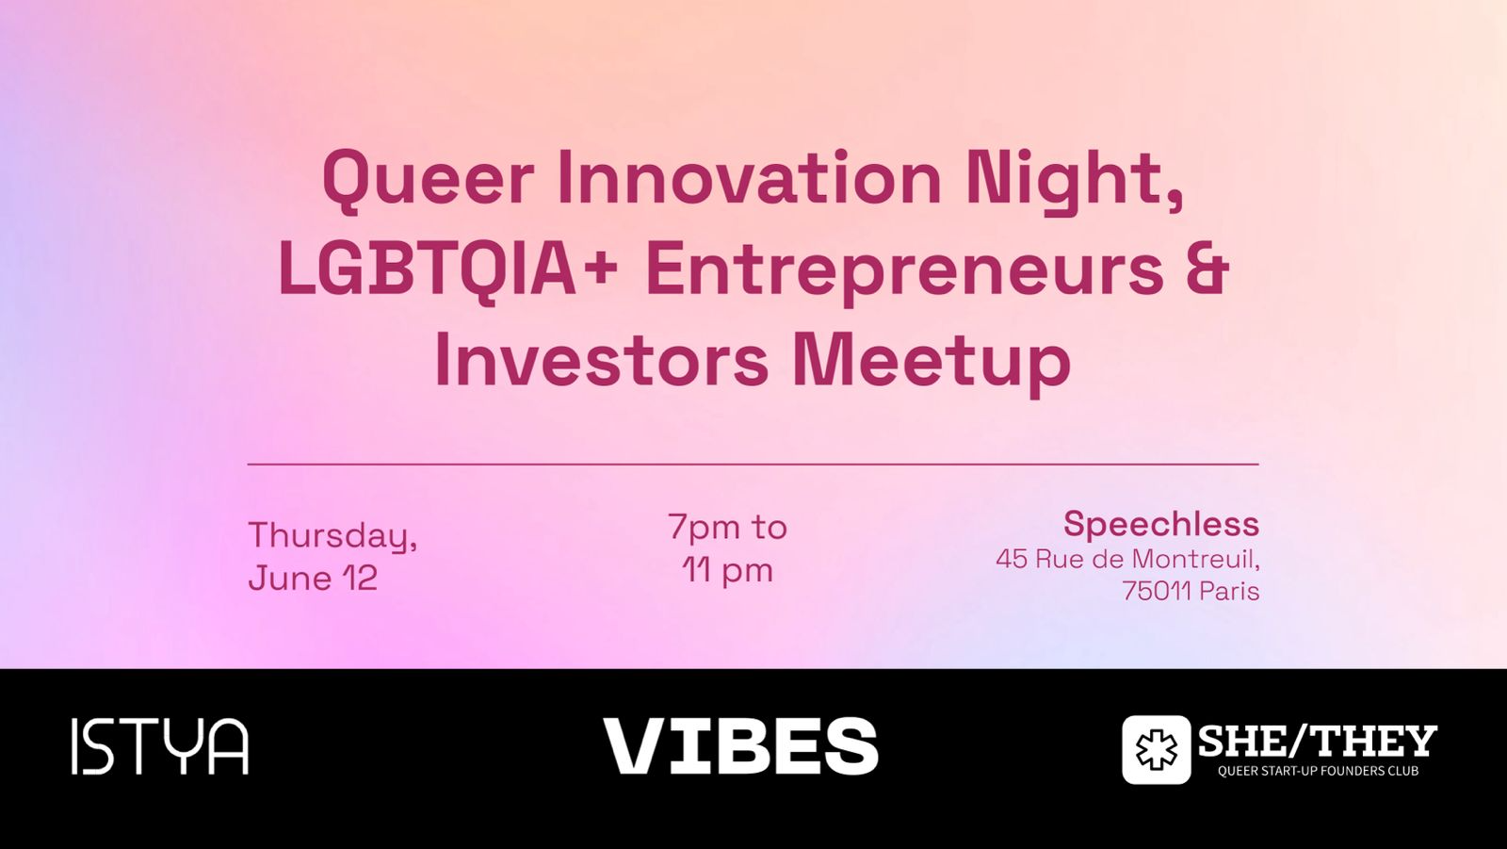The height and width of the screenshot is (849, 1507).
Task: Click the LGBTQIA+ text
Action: tap(448, 269)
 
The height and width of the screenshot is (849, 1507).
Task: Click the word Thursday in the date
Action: tap(330, 536)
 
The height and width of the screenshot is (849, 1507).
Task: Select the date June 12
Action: tap(313, 578)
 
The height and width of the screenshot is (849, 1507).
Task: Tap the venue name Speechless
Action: tap(1161, 525)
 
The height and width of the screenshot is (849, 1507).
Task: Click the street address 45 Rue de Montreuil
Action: tap(1126, 559)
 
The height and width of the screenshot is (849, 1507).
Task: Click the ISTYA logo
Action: tap(160, 746)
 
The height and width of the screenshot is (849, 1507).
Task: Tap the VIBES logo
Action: tap(740, 746)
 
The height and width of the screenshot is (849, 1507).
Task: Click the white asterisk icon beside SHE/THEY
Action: tap(1156, 749)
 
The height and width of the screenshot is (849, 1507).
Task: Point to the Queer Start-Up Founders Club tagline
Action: tap(1318, 771)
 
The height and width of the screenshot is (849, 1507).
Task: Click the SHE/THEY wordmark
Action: tap(1318, 742)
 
